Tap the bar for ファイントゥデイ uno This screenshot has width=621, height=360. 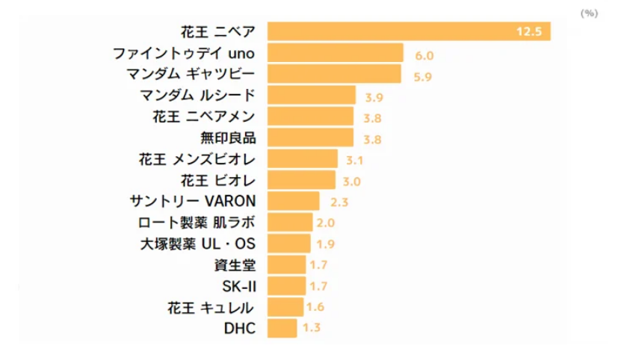tap(335, 53)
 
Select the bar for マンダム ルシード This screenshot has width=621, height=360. tap(311, 95)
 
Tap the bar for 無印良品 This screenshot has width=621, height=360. tap(310, 137)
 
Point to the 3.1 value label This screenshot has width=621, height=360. tap(355, 160)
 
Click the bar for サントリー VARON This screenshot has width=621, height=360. tap(293, 201)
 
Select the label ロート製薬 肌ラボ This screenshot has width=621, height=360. tap(197, 223)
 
